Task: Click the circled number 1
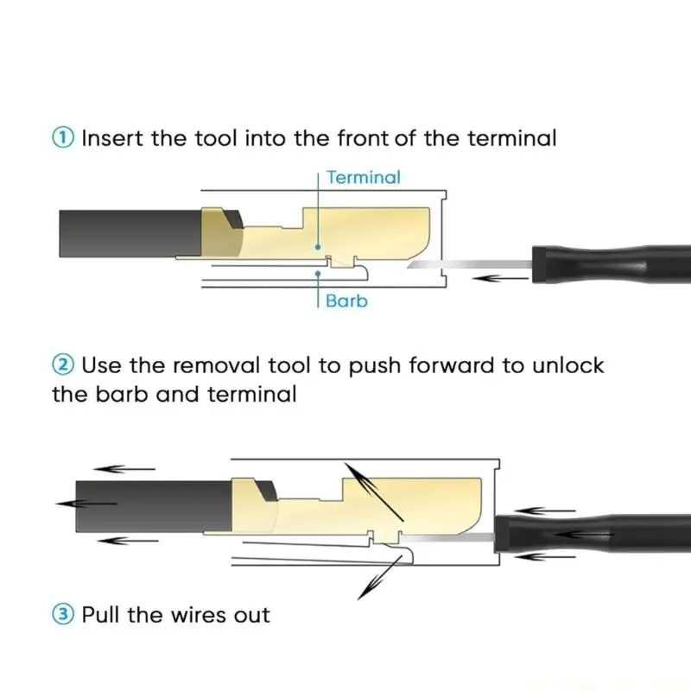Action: click(63, 138)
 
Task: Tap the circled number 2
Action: click(63, 365)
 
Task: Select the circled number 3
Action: click(63, 614)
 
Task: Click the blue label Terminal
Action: click(364, 177)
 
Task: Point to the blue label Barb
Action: click(346, 301)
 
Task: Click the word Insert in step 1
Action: click(112, 138)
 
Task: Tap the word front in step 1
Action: click(363, 138)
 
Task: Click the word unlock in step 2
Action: click(568, 365)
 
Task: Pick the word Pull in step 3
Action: click(100, 614)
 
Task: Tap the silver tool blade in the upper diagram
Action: click(470, 264)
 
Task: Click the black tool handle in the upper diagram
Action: click(612, 264)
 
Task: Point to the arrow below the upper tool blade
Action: click(500, 278)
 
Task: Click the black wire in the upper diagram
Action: click(130, 233)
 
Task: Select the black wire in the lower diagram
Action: click(154, 506)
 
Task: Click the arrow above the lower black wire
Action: click(124, 469)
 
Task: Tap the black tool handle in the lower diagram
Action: click(593, 534)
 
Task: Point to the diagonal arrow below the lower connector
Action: click(379, 577)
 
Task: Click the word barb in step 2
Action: click(121, 394)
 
